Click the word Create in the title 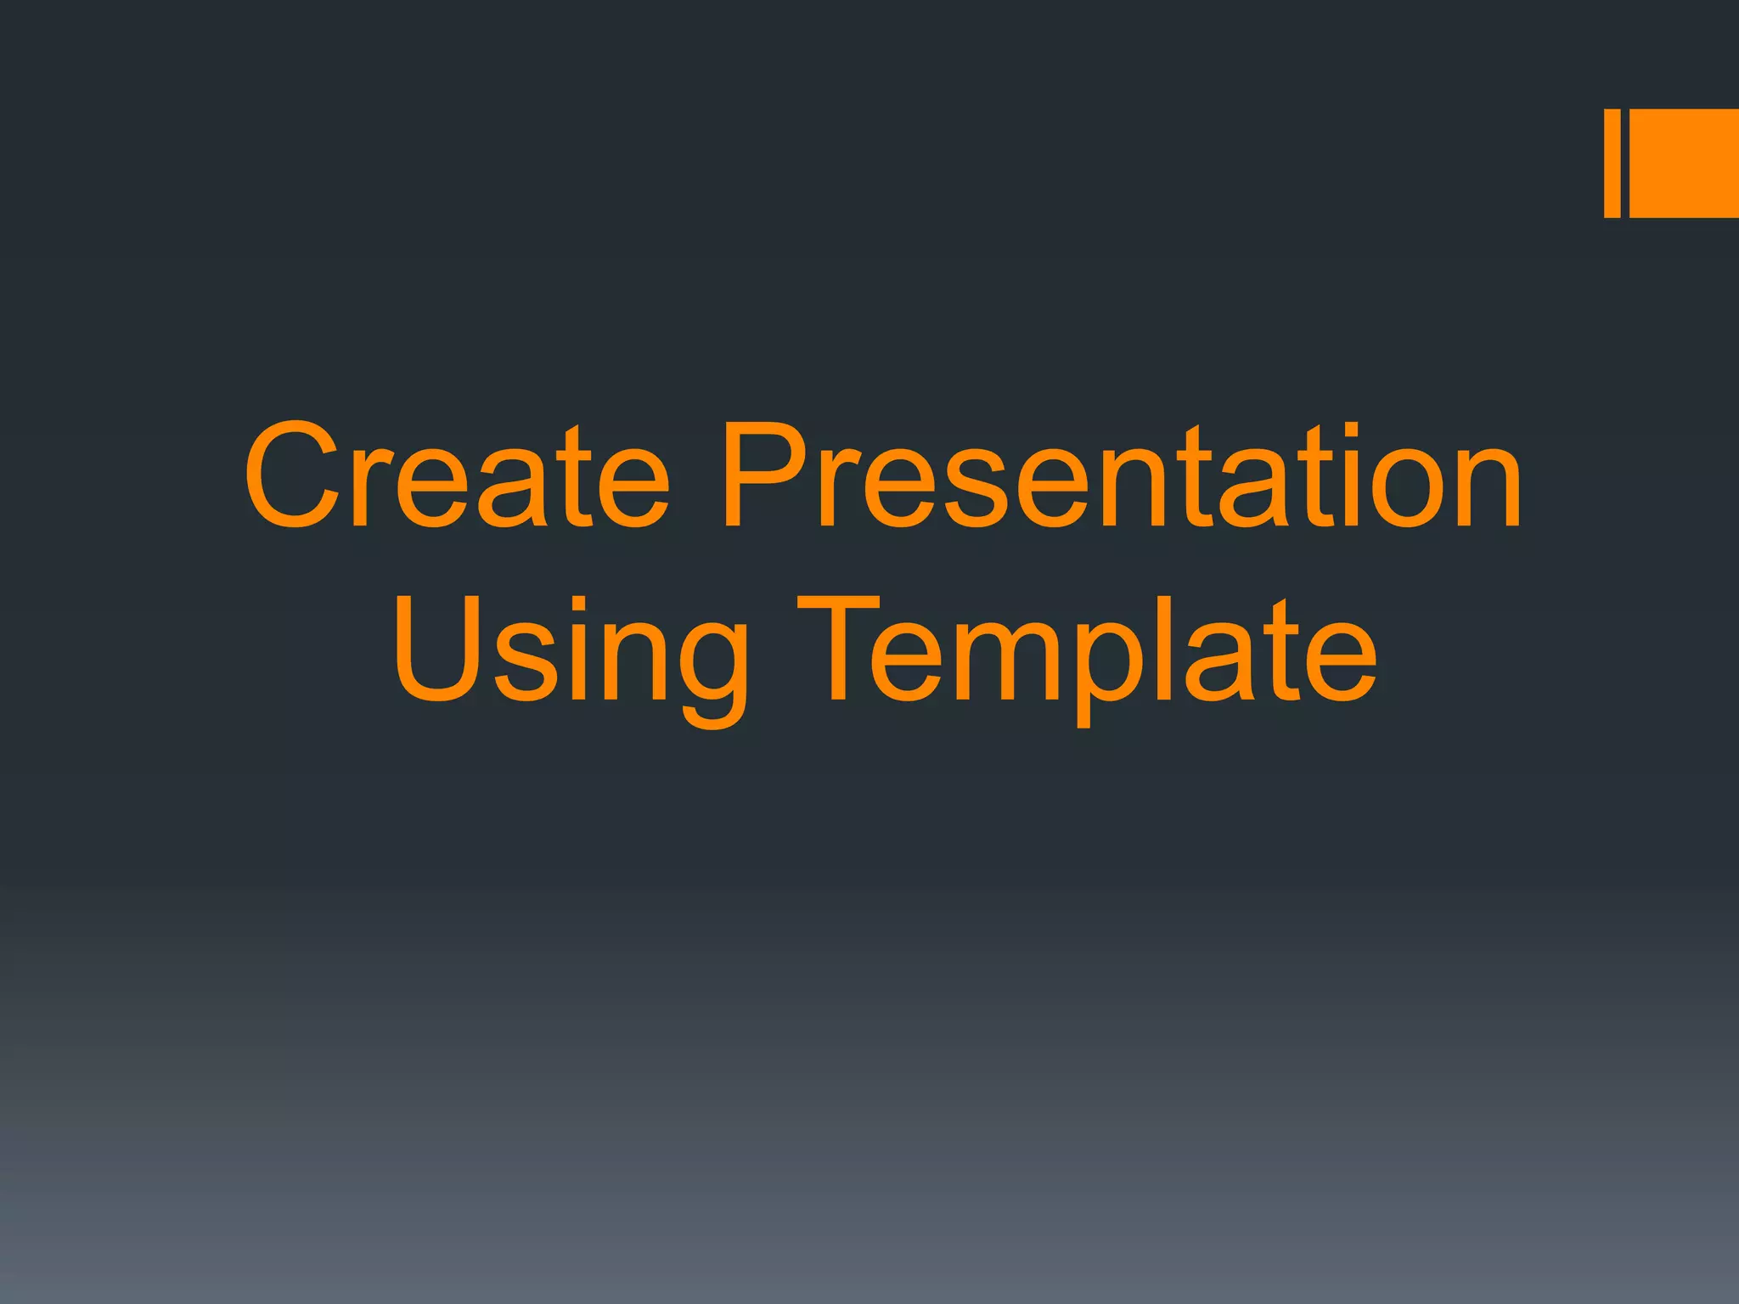[x=457, y=475]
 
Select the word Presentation [x=1121, y=475]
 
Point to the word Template [x=1087, y=649]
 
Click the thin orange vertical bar [x=1612, y=163]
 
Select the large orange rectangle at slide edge [x=1684, y=163]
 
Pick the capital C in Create [x=293, y=475]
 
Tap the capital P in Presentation [x=768, y=475]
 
